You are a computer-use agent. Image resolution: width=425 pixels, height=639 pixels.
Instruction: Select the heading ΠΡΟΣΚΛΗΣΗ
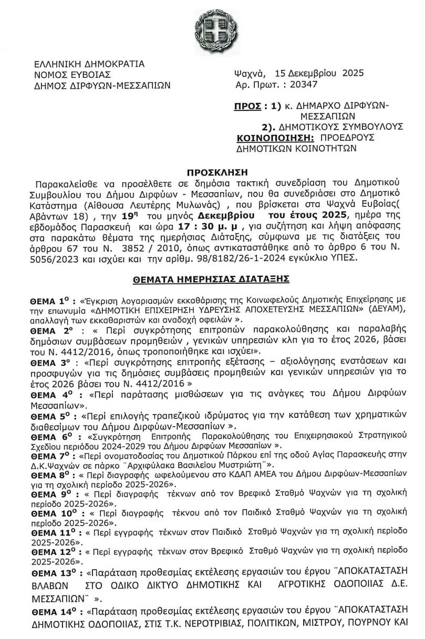pyautogui.click(x=212, y=172)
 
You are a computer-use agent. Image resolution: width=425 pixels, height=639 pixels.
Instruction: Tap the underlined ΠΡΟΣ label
pyautogui.click(x=247, y=106)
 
